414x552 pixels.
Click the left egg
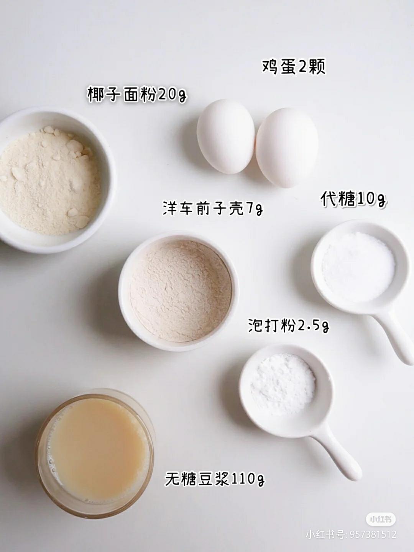[x=225, y=136]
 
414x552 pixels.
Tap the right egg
[x=287, y=147]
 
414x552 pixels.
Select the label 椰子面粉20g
[x=137, y=94]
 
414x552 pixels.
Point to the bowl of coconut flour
[x=50, y=180]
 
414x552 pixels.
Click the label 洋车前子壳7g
[x=213, y=209]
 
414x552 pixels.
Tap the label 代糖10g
[x=353, y=199]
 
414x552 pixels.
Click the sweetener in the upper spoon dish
[x=358, y=267]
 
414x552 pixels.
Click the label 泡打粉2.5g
[x=289, y=326]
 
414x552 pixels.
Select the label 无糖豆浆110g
[x=215, y=479]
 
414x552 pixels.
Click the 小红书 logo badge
[x=380, y=519]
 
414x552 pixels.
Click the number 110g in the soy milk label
[x=248, y=479]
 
